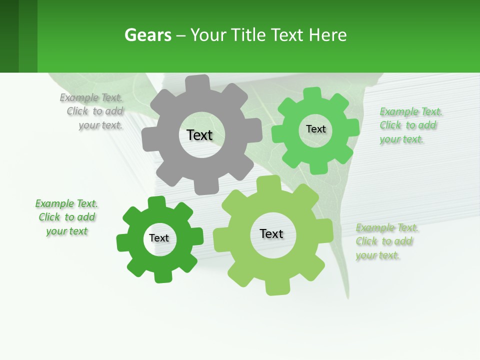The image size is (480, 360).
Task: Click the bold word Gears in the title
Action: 147,35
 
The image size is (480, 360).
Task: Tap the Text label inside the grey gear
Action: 199,135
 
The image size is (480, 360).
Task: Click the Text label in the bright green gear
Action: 315,129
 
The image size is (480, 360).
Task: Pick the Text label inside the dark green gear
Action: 159,238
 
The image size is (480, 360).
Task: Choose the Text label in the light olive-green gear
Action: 271,233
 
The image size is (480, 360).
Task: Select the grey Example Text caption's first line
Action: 91,97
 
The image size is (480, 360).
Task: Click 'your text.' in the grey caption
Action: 100,125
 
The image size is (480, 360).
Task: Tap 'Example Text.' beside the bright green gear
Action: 411,111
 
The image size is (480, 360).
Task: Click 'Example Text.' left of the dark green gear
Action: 66,203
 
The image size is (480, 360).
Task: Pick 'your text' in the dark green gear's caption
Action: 66,231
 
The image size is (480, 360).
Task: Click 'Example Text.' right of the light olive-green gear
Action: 387,228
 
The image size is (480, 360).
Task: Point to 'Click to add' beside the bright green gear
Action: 408,125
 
